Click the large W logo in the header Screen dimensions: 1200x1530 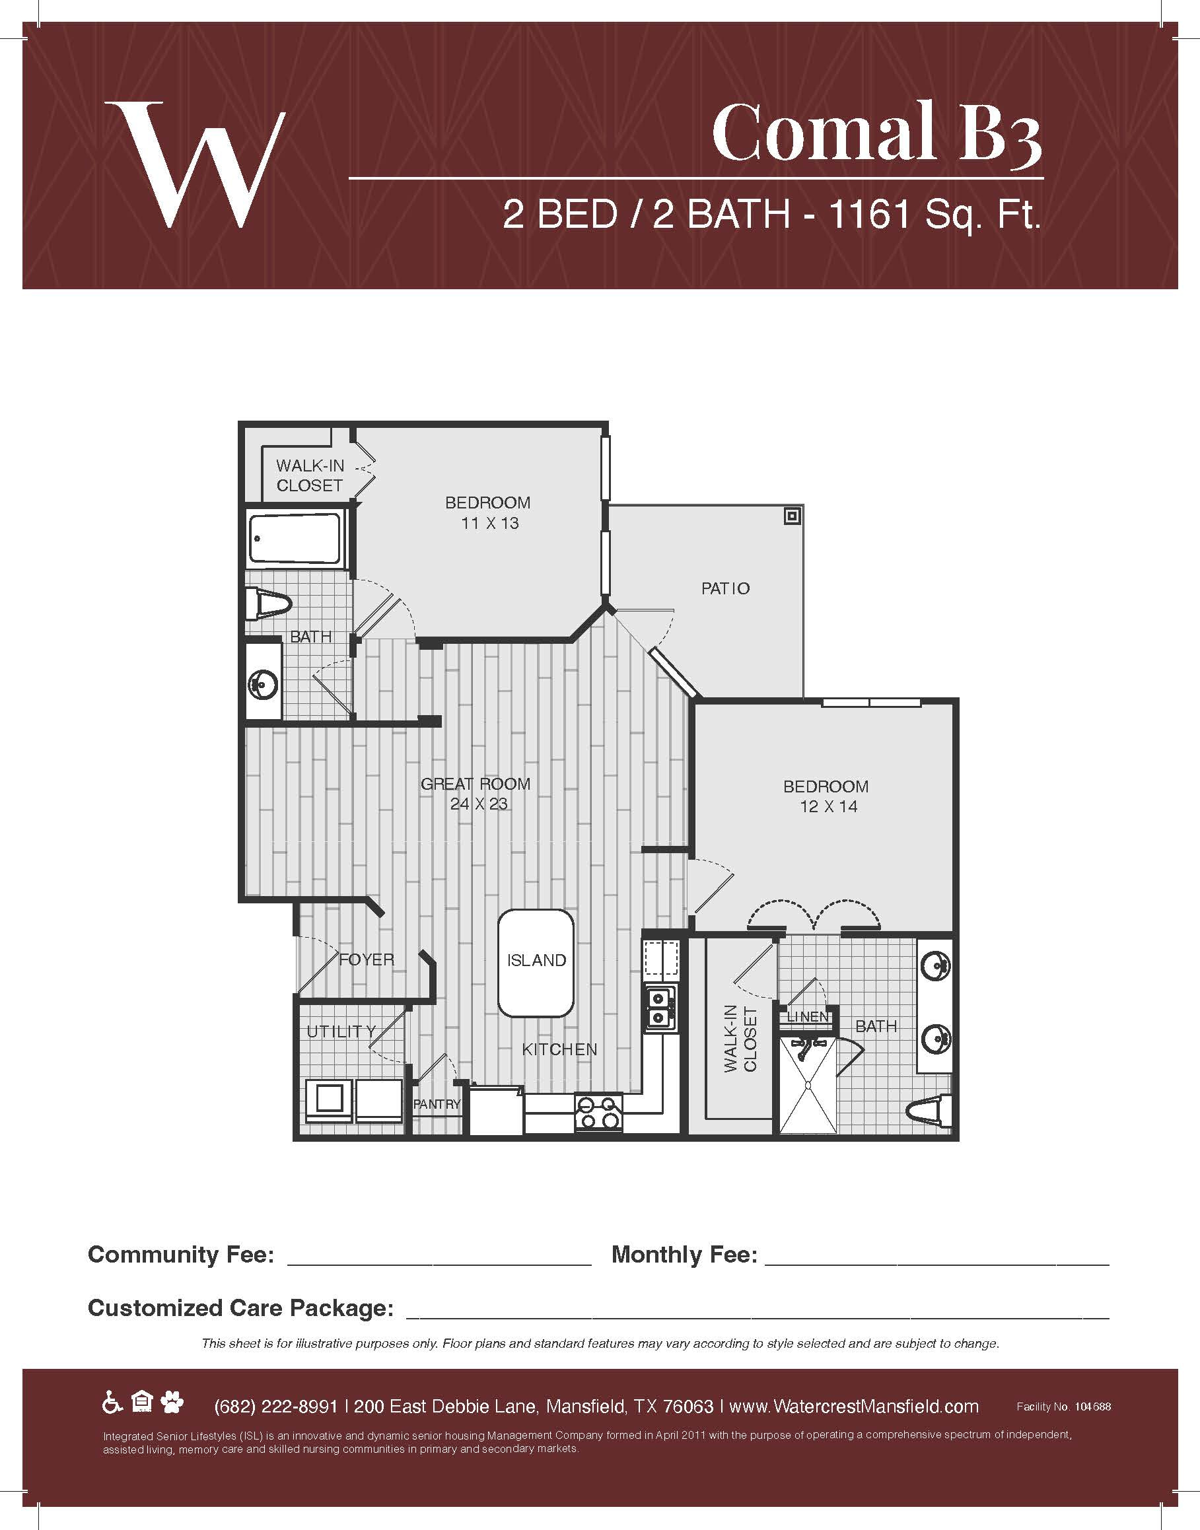[195, 164]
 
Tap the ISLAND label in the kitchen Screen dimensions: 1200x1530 [536, 960]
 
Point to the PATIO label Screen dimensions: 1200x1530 [726, 588]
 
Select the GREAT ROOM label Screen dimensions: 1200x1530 [476, 784]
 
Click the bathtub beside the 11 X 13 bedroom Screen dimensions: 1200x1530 [295, 538]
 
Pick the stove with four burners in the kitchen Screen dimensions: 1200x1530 [598, 1112]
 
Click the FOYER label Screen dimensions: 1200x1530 [366, 959]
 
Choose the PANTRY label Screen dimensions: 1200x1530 [437, 1104]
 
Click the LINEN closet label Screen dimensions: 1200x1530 [808, 1016]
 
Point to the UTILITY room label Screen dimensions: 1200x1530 [341, 1031]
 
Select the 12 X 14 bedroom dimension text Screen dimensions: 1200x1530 [828, 806]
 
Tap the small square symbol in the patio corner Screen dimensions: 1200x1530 [793, 516]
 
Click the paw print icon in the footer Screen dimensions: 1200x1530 [172, 1404]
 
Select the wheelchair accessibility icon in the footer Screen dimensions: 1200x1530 [112, 1404]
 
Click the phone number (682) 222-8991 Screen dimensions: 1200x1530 [275, 1407]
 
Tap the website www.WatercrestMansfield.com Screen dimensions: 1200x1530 [854, 1407]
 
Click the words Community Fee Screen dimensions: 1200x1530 [180, 1254]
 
